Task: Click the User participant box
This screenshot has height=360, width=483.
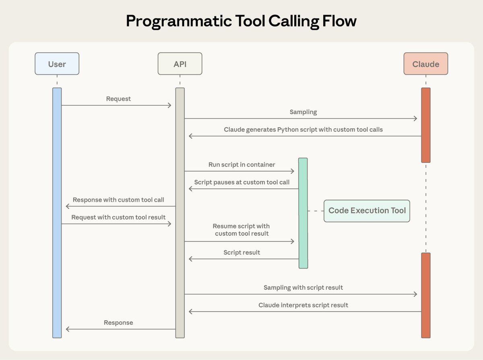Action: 57,64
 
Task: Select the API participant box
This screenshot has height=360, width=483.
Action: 180,64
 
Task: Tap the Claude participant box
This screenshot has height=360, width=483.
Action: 425,64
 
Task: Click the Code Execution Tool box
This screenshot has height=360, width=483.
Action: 367,211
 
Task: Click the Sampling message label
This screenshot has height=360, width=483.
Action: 303,112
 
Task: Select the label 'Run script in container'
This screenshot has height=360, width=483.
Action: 242,165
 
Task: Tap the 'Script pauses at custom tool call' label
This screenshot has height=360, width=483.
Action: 242,182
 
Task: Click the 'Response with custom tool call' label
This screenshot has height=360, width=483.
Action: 118,200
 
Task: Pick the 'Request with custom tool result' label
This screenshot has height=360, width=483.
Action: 118,217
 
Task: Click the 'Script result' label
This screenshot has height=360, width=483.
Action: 242,252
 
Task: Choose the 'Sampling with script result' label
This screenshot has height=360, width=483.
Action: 303,287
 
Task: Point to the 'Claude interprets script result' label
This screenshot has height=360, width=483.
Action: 303,305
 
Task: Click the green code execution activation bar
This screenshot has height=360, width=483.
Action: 303,213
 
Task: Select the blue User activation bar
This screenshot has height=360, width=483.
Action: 57,213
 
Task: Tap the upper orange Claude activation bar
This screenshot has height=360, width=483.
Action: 425,125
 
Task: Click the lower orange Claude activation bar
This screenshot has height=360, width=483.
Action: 425,295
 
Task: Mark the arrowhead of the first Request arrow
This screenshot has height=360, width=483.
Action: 170,105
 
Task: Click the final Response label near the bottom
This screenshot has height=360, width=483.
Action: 118,323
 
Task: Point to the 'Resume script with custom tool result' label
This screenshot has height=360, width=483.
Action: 242,230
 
